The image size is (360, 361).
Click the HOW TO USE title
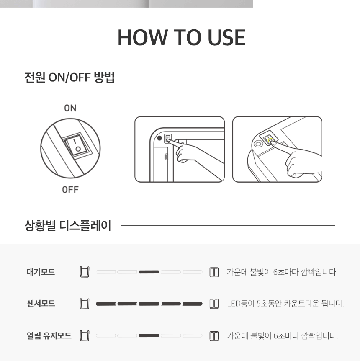pyautogui.click(x=182, y=38)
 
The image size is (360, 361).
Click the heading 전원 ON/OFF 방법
pyautogui.click(x=69, y=77)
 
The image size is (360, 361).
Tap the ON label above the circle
pyautogui.click(x=70, y=108)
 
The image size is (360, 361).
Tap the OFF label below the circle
pyautogui.click(x=70, y=190)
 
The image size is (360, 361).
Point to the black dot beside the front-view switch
pyautogui.click(x=159, y=138)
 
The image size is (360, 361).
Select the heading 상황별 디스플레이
pyautogui.click(x=68, y=226)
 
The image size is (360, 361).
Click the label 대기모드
pyautogui.click(x=41, y=272)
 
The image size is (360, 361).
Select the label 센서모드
pyautogui.click(x=41, y=304)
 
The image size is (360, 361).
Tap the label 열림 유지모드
pyautogui.click(x=49, y=335)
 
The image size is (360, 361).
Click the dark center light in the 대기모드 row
pyautogui.click(x=149, y=272)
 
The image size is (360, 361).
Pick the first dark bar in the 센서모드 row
pyautogui.click(x=105, y=304)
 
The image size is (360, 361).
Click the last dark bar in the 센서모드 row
pyautogui.click(x=193, y=304)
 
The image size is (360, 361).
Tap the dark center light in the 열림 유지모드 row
pyautogui.click(x=149, y=335)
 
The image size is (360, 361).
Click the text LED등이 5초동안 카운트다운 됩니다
pyautogui.click(x=285, y=304)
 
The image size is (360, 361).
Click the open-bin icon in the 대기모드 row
pyautogui.click(x=85, y=272)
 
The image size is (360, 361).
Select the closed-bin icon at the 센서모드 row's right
pyautogui.click(x=214, y=304)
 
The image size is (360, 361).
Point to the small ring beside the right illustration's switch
pyautogui.click(x=258, y=144)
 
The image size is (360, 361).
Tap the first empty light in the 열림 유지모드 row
pyautogui.click(x=105, y=335)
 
